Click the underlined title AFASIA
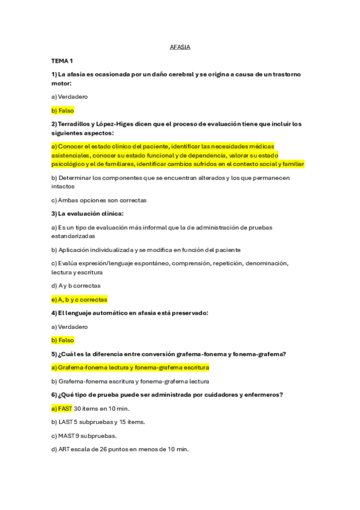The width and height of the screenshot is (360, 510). click(180, 48)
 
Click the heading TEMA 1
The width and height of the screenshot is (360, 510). click(62, 61)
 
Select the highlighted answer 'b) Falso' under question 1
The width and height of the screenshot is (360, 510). click(63, 111)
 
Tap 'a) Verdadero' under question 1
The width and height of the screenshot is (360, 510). click(69, 96)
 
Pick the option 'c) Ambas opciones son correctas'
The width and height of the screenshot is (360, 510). click(99, 200)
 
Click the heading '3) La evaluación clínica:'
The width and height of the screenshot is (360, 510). click(87, 214)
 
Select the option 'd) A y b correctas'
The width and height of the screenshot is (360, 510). click(76, 286)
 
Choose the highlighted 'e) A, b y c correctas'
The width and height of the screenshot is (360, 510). click(79, 299)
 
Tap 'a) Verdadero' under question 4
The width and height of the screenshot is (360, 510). click(69, 327)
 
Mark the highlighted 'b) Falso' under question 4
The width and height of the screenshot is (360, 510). click(63, 340)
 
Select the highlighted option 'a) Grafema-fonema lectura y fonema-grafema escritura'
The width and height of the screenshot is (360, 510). click(130, 367)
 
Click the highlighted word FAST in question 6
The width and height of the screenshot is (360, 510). click(66, 408)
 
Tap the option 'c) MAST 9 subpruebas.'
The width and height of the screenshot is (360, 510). click(84, 435)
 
